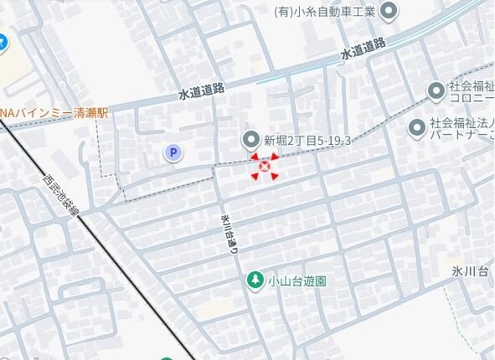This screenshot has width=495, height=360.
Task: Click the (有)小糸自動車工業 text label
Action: click(324, 11)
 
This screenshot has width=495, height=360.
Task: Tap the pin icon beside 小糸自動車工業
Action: click(389, 11)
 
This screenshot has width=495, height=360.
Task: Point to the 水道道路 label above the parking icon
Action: click(202, 92)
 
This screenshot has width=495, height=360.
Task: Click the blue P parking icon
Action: click(173, 152)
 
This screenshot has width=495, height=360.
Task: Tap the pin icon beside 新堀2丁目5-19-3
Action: click(250, 140)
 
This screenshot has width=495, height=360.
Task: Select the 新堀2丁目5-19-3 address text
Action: click(307, 141)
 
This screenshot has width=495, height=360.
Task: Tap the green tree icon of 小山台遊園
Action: click(254, 280)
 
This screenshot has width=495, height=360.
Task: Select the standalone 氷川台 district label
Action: click(469, 270)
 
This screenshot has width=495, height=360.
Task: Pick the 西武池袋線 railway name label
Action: click(61, 194)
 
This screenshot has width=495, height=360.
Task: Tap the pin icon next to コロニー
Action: click(436, 90)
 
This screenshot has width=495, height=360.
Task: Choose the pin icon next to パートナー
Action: click(416, 128)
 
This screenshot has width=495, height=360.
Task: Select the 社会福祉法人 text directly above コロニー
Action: click(472, 86)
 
